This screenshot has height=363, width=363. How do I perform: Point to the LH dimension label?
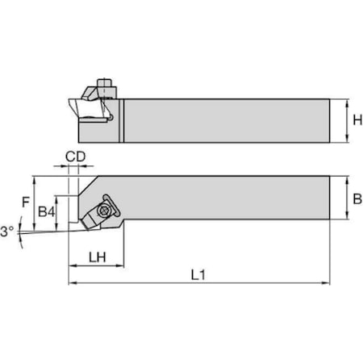click(96, 257)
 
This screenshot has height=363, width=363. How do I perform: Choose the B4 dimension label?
click(47, 211)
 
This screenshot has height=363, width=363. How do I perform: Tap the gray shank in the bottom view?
click(226, 198)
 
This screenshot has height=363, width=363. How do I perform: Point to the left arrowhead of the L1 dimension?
click(72, 283)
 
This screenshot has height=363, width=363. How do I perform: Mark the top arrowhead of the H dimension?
click(346, 100)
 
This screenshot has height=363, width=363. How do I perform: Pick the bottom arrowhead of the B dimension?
click(346, 219)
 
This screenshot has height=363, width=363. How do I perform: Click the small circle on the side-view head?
click(113, 116)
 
